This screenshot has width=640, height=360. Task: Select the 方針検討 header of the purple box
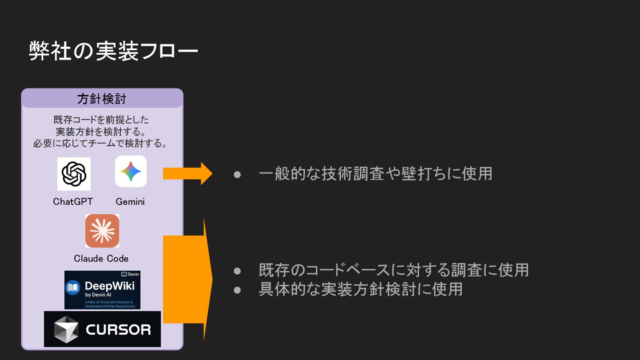coord(102,99)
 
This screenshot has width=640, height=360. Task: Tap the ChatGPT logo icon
coord(74,174)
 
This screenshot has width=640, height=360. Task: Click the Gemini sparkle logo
coord(131,172)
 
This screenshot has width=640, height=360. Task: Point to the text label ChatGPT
coord(73,201)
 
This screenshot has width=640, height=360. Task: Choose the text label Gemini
coord(130,201)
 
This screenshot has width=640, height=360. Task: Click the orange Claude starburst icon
coord(102,231)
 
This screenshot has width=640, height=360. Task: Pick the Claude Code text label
coord(101,258)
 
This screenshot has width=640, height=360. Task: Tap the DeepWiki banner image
coord(102,290)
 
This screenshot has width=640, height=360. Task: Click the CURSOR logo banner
coord(102,329)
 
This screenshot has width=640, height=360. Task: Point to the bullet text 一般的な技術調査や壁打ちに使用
coord(376,173)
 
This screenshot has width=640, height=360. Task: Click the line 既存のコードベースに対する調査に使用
coord(393,270)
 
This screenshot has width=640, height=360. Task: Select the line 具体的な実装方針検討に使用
coord(360,289)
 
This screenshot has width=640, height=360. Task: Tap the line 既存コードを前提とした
coord(101,120)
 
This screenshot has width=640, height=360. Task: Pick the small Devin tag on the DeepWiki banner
coord(130,274)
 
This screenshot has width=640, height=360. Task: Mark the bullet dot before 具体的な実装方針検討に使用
coord(237,289)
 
